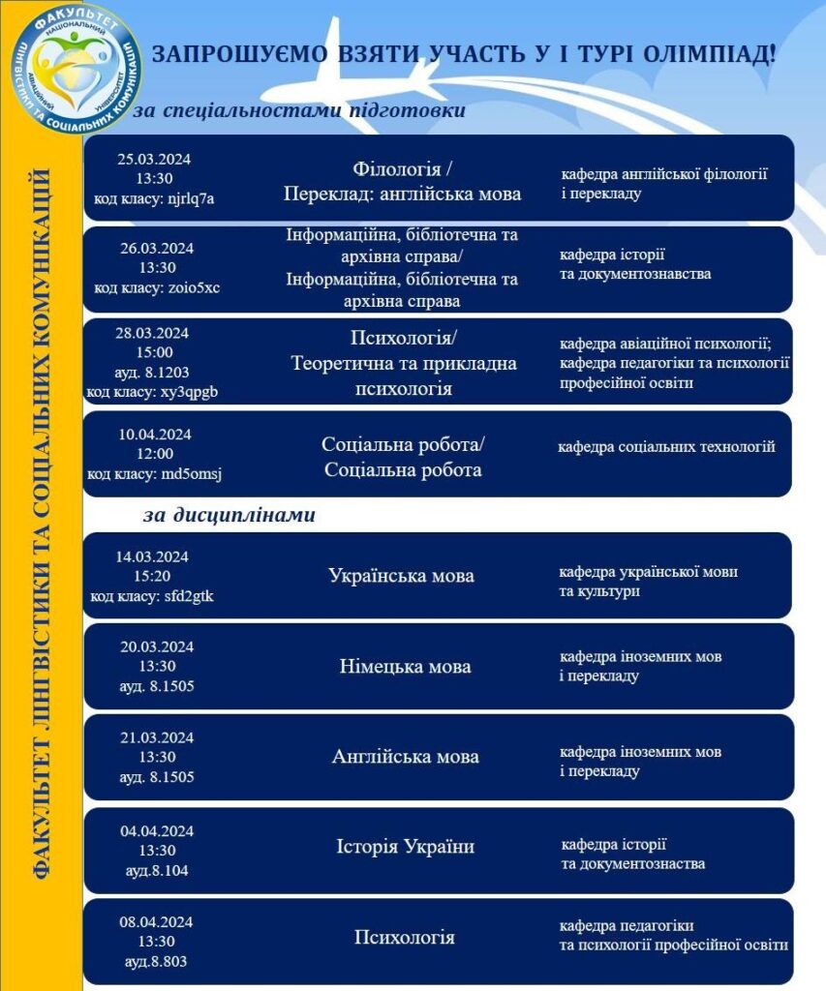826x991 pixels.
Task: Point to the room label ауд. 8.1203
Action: (x=156, y=373)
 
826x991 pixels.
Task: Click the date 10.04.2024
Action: (x=155, y=435)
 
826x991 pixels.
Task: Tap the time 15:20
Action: (x=156, y=576)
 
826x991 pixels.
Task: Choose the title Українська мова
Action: (x=401, y=576)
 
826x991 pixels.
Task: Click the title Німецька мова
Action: (x=406, y=667)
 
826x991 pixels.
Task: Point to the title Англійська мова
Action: (x=405, y=757)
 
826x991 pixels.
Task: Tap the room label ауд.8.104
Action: (x=157, y=870)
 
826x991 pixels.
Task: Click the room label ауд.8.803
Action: (x=156, y=961)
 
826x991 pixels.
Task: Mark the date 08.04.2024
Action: (x=157, y=921)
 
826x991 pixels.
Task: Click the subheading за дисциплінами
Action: (x=229, y=515)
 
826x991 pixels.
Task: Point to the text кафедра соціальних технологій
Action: (x=666, y=447)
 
